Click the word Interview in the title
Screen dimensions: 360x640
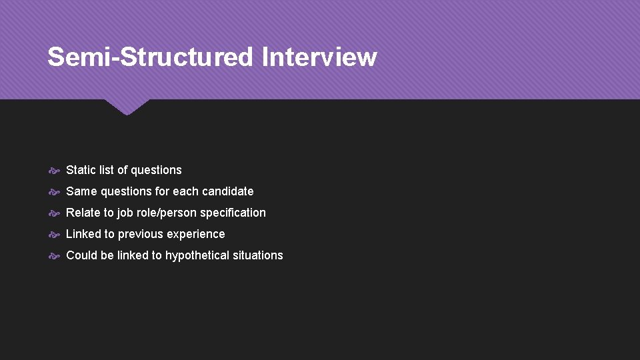319,57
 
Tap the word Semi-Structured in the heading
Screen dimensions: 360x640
151,57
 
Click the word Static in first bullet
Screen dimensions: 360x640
81,170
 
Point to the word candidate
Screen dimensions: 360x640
227,191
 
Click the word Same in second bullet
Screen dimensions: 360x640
82,191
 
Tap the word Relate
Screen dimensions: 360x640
83,213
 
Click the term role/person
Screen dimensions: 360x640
169,213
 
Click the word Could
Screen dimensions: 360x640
82,255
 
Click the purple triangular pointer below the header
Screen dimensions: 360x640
127,107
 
